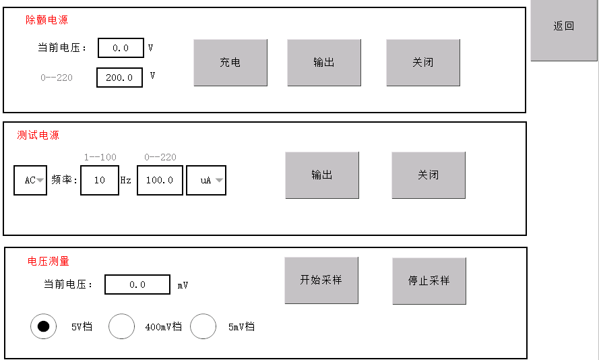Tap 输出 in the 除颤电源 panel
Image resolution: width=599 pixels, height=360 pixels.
pos(324,62)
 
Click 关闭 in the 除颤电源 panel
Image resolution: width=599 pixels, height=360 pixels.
pos(423,62)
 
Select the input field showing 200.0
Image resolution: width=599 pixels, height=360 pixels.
pos(119,78)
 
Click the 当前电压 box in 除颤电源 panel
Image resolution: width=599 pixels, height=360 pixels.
pos(121,48)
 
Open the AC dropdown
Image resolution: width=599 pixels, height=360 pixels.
pos(30,180)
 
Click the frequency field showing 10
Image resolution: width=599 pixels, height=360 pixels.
pos(100,180)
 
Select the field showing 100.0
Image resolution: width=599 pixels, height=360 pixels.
pos(160,180)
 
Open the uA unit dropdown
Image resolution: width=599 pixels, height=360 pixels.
pos(206,180)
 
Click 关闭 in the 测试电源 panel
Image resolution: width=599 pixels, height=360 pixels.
pos(429,175)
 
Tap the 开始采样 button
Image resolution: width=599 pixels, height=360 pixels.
pos(321,280)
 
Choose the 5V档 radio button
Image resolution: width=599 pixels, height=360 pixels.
pos(44,326)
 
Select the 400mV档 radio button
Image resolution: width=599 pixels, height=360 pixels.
pos(121,326)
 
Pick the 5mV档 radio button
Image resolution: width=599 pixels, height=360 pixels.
pos(203,326)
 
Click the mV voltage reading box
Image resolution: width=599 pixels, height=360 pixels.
pos(137,284)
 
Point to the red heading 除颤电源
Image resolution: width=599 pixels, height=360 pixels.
pos(46,20)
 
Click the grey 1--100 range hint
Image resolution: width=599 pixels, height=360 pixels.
pos(100,157)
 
